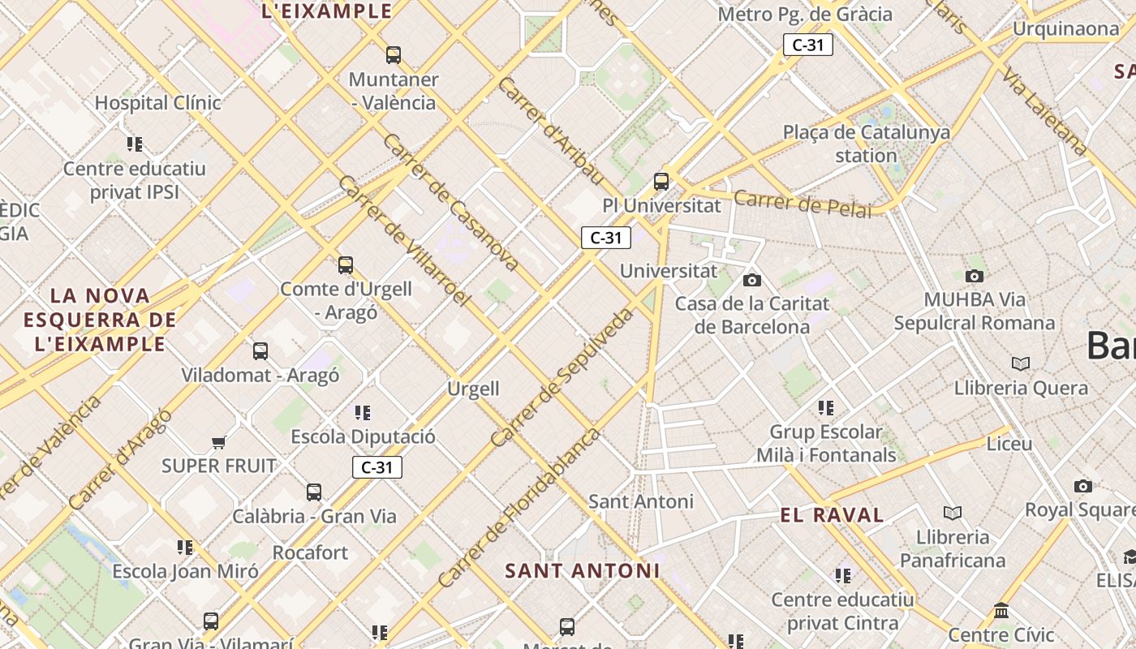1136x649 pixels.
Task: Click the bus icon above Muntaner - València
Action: click(x=394, y=55)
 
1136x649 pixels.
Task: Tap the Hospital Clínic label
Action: click(x=158, y=103)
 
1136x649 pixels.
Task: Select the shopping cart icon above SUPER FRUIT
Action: click(x=218, y=442)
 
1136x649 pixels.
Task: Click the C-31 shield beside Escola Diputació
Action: click(x=377, y=467)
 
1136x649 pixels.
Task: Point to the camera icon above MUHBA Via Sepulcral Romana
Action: click(x=975, y=276)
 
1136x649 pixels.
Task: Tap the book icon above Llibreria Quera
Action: click(x=1021, y=363)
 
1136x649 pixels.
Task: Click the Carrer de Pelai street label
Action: click(x=803, y=204)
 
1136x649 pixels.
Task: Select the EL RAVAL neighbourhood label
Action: click(x=832, y=515)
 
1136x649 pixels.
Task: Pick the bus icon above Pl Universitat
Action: click(x=661, y=182)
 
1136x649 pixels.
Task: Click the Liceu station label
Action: click(x=1009, y=444)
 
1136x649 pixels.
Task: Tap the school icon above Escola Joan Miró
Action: click(x=185, y=548)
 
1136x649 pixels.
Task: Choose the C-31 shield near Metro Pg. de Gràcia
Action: click(x=807, y=45)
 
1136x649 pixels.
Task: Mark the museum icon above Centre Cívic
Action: click(x=1001, y=610)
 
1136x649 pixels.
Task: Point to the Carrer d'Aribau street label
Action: click(x=551, y=131)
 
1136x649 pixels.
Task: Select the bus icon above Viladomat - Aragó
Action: click(x=260, y=351)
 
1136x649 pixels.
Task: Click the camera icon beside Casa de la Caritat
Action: click(x=752, y=280)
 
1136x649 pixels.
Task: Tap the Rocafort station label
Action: click(x=310, y=553)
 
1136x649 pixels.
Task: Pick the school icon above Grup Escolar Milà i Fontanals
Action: click(x=826, y=407)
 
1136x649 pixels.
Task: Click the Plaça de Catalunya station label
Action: click(x=866, y=144)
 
